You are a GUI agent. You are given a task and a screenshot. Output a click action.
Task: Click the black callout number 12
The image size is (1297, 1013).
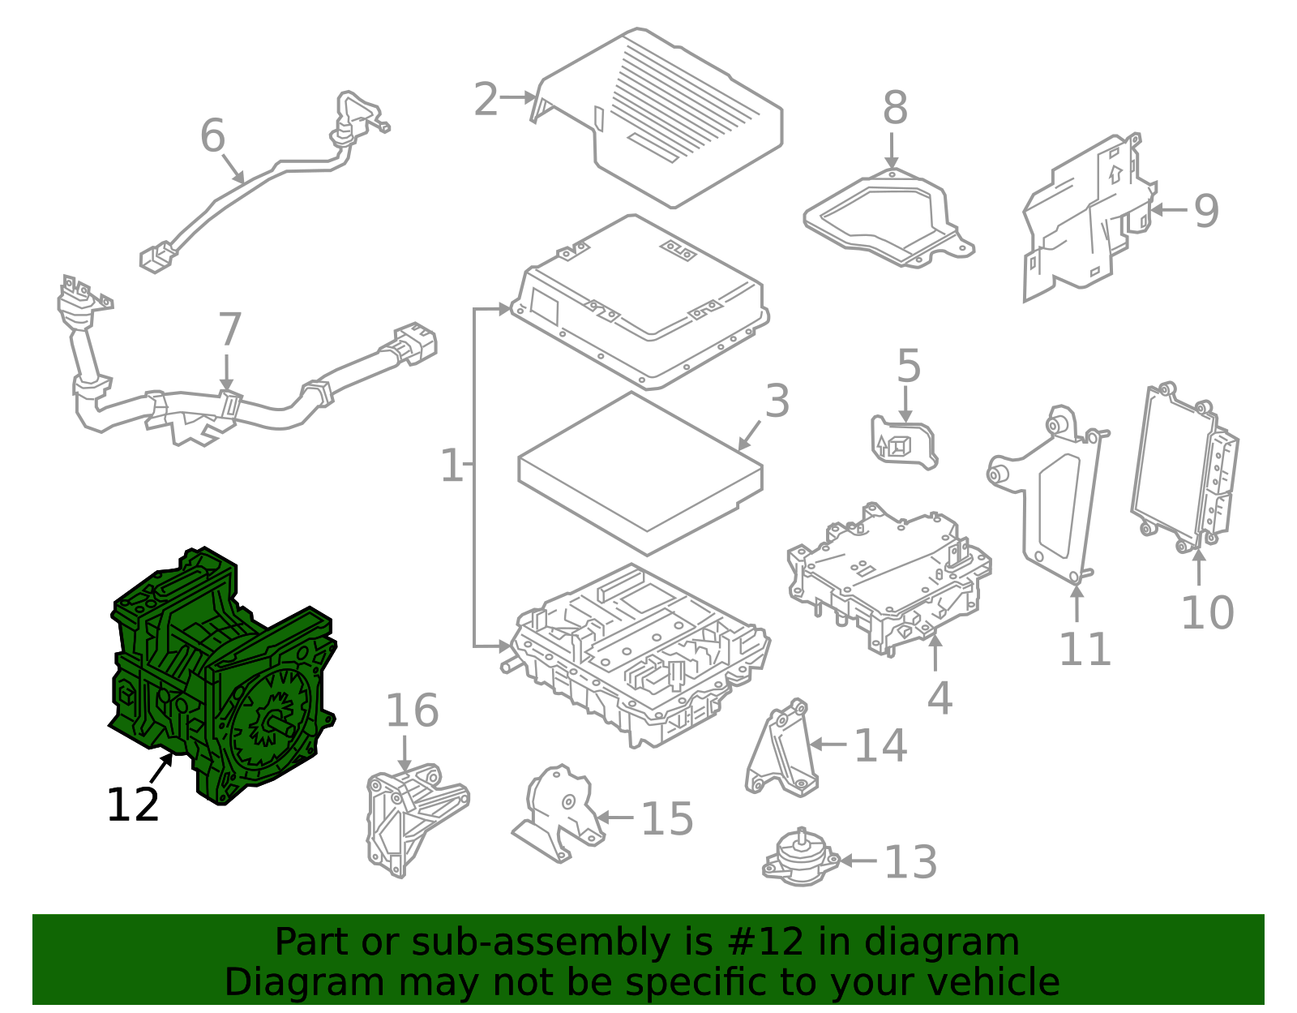132,804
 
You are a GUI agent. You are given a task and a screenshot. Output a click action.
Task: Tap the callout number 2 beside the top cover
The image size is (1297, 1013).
486,100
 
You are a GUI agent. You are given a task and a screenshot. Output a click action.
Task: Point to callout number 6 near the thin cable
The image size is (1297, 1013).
212,135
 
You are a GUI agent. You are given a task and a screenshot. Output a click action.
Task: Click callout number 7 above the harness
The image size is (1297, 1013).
229,329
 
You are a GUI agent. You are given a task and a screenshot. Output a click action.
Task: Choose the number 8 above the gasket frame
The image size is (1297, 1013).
895,109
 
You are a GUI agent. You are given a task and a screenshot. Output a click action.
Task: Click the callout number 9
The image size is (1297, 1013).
1206,212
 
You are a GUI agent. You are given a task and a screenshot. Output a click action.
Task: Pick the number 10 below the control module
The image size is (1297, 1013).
1208,612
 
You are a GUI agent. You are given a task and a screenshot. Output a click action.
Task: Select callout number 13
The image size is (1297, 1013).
910,862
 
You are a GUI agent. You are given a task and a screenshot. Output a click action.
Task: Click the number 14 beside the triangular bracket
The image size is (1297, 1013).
881,745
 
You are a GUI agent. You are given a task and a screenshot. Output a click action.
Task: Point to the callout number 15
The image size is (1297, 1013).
667,818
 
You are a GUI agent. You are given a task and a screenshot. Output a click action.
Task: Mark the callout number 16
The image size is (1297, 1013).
413,710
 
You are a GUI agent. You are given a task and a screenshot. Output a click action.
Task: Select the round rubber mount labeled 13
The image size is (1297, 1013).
801,858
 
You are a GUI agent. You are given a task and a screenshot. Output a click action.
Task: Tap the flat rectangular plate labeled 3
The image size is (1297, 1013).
640,474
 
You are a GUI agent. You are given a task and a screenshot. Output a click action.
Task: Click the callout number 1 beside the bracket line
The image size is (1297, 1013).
452,466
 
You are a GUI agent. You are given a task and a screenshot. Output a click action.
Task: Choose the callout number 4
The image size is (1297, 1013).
940,698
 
